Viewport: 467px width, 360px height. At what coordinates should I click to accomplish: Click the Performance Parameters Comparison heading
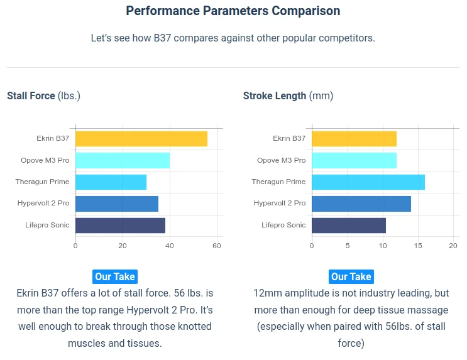(x=233, y=11)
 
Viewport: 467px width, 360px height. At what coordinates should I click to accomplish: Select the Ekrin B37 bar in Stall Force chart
(x=141, y=139)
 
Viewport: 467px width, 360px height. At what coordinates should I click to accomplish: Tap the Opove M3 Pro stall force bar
(x=123, y=160)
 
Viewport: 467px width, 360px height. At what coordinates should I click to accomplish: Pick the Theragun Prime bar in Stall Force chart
(x=111, y=182)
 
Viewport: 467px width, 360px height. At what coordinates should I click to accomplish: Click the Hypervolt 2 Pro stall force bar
(x=117, y=204)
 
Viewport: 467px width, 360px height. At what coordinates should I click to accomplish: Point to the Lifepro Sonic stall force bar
(x=120, y=225)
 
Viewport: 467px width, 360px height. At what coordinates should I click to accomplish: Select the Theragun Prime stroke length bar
(x=368, y=182)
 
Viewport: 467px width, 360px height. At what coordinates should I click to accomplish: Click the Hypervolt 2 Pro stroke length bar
(x=361, y=204)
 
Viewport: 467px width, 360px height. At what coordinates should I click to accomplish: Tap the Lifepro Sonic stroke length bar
(x=349, y=225)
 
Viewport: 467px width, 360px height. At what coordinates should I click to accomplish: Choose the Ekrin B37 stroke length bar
(x=354, y=139)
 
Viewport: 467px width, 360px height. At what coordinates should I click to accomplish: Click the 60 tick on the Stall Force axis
(x=217, y=246)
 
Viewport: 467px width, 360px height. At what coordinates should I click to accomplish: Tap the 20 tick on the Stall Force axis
(x=123, y=246)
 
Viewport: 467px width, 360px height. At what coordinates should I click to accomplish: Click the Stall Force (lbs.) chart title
(x=43, y=96)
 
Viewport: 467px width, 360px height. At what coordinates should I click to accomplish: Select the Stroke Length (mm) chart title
(x=288, y=96)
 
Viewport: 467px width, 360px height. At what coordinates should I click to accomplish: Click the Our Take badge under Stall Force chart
(x=114, y=276)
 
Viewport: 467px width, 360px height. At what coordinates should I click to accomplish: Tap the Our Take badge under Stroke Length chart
(x=351, y=276)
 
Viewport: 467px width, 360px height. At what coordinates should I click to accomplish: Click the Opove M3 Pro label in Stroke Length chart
(x=281, y=160)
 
